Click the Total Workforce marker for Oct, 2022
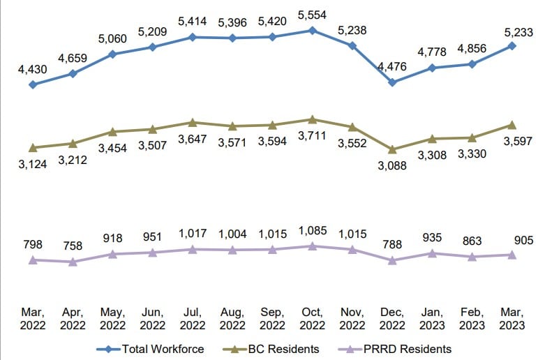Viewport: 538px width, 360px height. click(x=313, y=30)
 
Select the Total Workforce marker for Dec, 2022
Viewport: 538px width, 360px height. click(x=392, y=82)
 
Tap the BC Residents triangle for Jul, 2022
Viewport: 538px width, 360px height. click(x=193, y=123)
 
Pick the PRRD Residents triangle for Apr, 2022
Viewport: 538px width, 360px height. click(x=73, y=262)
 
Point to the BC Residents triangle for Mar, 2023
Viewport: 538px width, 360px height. click(x=512, y=125)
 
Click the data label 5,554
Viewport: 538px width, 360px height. click(x=313, y=14)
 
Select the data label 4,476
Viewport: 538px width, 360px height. click(x=392, y=67)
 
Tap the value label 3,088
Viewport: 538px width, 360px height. click(x=392, y=165)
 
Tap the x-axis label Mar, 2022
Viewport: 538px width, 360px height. click(x=33, y=318)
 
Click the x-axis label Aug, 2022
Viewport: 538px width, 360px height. click(x=232, y=318)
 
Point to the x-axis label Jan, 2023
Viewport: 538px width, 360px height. click(x=432, y=318)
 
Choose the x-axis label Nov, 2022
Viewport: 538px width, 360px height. click(x=352, y=318)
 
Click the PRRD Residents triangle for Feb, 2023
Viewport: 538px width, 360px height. click(x=472, y=257)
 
